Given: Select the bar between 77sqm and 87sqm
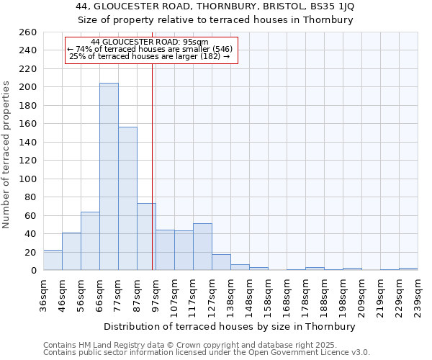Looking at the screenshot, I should [127, 198].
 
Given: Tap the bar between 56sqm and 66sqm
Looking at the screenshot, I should [90, 240].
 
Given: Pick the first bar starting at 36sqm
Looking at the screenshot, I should [53, 260].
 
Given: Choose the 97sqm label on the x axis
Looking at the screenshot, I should [156, 296].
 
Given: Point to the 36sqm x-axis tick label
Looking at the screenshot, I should [43, 296].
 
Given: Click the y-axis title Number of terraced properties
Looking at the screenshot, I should [6, 155].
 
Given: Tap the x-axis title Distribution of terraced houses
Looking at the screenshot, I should [230, 326].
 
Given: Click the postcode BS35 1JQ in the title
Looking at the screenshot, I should [330, 6].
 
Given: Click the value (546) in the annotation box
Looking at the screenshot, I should [222, 49].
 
